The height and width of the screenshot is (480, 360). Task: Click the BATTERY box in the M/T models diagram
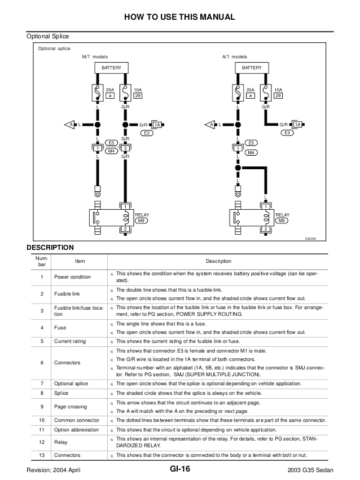click(x=111, y=68)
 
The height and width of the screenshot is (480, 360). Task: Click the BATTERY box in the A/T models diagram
click(x=252, y=68)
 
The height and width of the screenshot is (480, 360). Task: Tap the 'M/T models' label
click(x=95, y=57)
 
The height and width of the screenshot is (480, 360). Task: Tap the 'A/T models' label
click(x=235, y=57)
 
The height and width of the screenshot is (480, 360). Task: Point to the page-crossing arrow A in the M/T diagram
click(x=71, y=124)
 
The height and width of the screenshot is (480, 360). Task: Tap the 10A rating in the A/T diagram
click(x=278, y=90)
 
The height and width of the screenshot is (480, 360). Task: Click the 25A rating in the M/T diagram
click(x=109, y=90)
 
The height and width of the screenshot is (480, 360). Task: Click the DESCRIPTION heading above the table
click(x=50, y=246)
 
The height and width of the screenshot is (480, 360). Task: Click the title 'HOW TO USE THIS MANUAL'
click(x=179, y=17)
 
